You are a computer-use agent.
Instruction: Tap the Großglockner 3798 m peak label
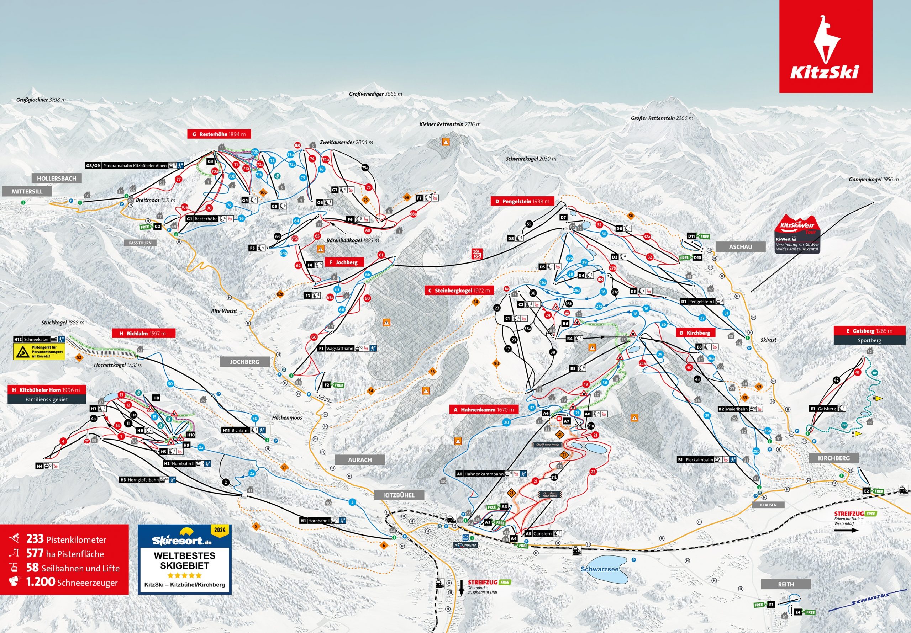point(41,100)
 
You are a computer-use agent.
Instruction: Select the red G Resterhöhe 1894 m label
point(218,134)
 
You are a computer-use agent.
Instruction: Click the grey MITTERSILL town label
point(27,192)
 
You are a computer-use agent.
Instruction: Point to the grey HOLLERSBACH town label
point(56,179)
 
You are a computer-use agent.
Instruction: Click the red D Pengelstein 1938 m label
point(522,202)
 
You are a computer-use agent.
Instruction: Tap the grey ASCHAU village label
point(741,247)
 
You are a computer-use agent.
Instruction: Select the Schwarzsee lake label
point(599,569)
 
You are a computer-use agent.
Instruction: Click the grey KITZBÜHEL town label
point(399,495)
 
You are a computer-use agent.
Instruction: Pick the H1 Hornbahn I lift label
point(323,521)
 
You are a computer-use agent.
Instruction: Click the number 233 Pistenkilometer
point(35,539)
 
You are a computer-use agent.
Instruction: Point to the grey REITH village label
point(786,584)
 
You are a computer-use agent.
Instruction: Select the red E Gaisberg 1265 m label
point(869,331)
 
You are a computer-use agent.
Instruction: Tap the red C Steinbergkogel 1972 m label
point(459,291)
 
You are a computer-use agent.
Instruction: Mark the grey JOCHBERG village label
point(244,362)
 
